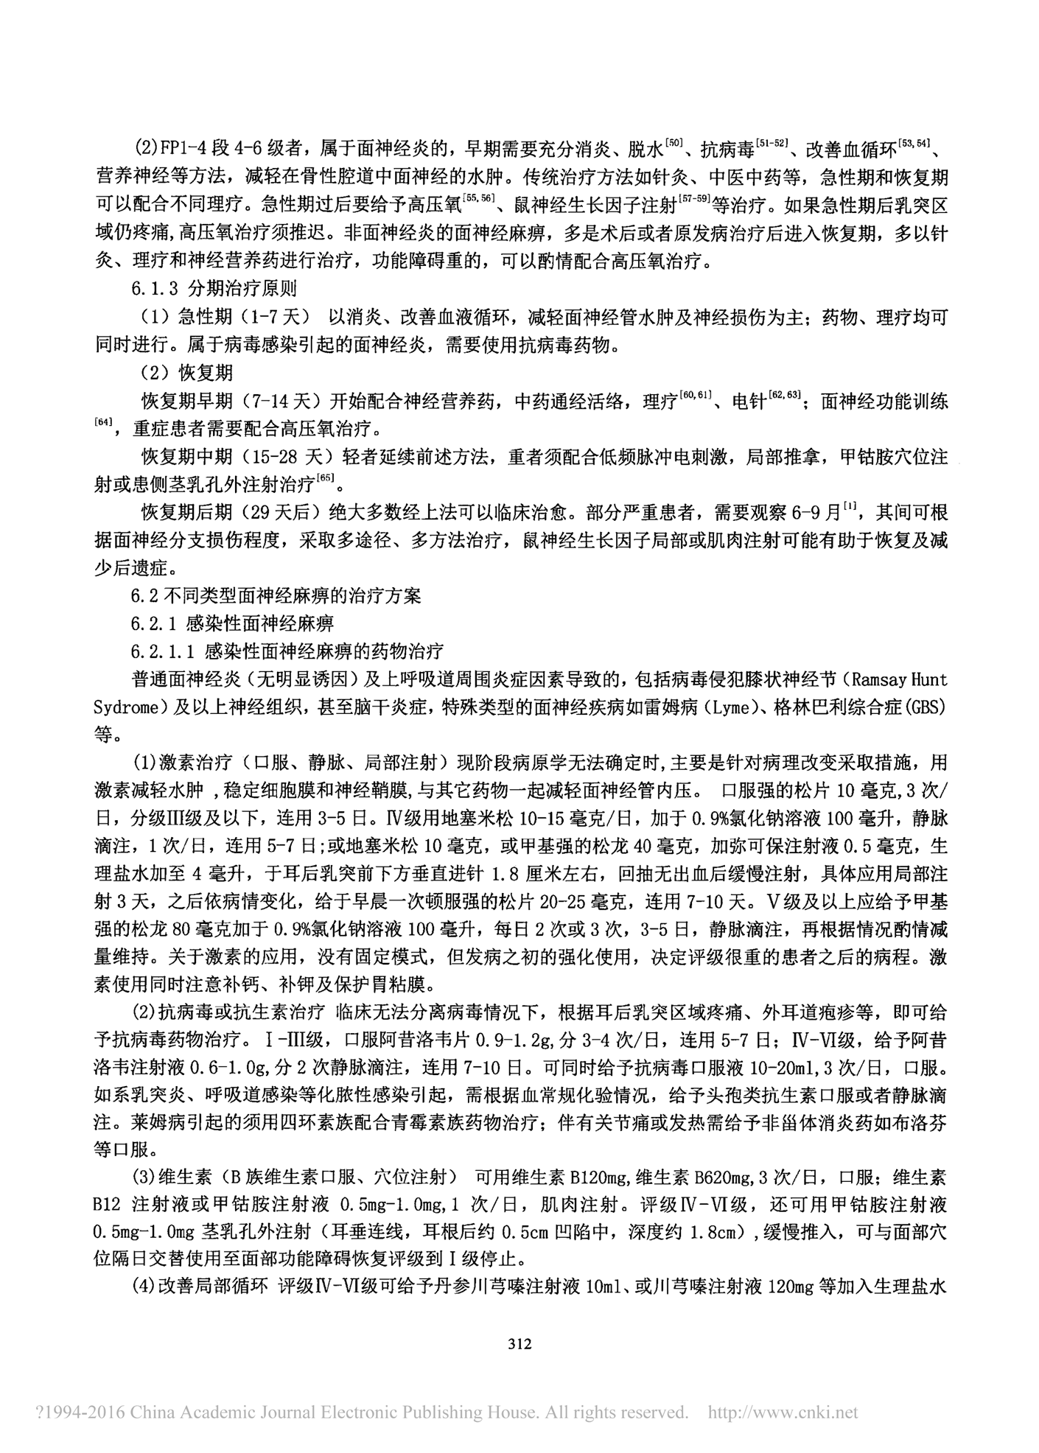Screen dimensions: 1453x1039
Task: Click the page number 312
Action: point(519,1343)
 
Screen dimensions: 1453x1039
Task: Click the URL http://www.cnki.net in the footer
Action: point(783,1412)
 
